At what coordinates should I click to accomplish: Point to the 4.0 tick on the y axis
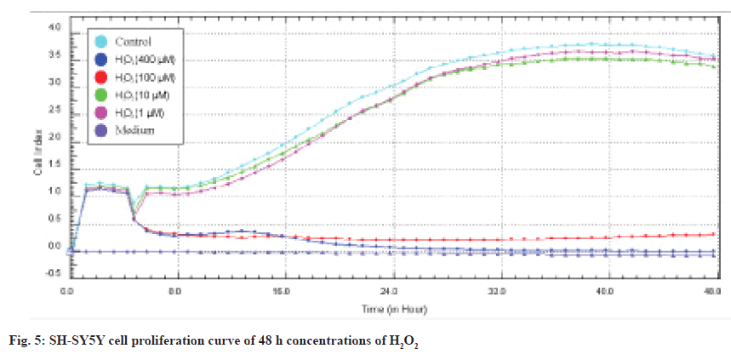[54, 28]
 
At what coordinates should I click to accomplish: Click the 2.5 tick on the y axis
[54, 110]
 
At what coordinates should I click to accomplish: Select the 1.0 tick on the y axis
[54, 191]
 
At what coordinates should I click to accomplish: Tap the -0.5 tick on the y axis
[53, 273]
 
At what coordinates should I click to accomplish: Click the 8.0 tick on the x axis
[174, 290]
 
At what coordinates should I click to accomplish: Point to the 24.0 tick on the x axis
[390, 290]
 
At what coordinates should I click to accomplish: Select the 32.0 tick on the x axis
[497, 290]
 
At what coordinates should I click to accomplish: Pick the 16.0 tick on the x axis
[283, 290]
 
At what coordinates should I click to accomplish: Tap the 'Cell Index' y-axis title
[37, 153]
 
